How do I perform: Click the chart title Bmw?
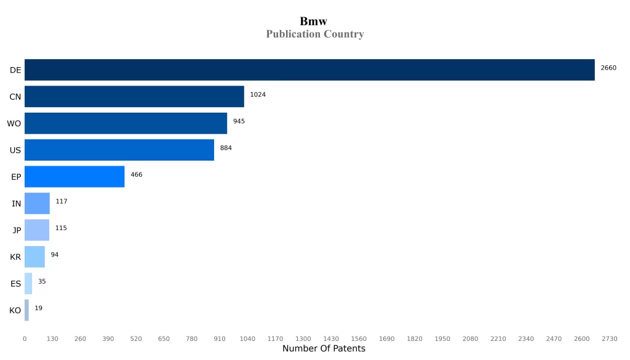pos(314,22)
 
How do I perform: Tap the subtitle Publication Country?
pos(314,34)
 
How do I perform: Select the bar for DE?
pos(309,70)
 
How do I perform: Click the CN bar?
pos(134,97)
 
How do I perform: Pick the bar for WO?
pos(126,123)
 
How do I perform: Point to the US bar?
pos(119,150)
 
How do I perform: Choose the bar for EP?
pos(74,177)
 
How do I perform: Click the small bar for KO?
pos(26,310)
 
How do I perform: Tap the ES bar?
pos(28,284)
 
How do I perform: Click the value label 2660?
pos(608,68)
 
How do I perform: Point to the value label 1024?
pos(258,95)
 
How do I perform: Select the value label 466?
pos(136,175)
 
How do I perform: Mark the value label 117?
pos(62,201)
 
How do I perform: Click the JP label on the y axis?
pos(17,230)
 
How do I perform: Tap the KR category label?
pos(15,257)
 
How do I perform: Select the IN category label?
pos(17,204)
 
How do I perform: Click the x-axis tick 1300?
pos(303,339)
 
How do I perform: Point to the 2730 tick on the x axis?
pos(609,339)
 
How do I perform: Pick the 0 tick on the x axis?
pos(25,339)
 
